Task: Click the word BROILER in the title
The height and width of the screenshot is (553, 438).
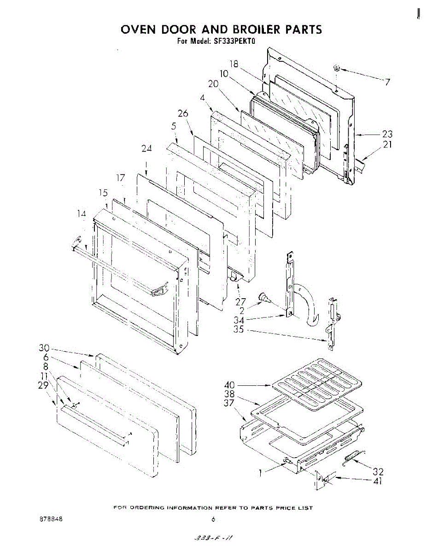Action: point(256,29)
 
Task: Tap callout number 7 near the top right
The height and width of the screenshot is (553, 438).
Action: point(388,82)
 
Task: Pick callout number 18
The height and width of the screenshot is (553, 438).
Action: point(234,64)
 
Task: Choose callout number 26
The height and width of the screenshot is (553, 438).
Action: point(183,113)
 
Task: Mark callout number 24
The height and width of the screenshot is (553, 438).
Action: point(146,148)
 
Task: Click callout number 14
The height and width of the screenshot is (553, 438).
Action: point(82,213)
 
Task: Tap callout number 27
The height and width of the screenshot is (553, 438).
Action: point(240,302)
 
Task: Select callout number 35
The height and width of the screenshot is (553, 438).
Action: point(239,330)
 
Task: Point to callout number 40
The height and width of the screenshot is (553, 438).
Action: point(230,385)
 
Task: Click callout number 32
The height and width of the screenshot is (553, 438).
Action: point(378,471)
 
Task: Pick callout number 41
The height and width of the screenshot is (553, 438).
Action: point(378,482)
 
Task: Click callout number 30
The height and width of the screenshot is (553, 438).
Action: point(44,349)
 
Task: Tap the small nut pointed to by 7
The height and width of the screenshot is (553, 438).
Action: point(337,68)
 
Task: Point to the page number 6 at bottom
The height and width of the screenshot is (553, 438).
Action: point(213,519)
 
